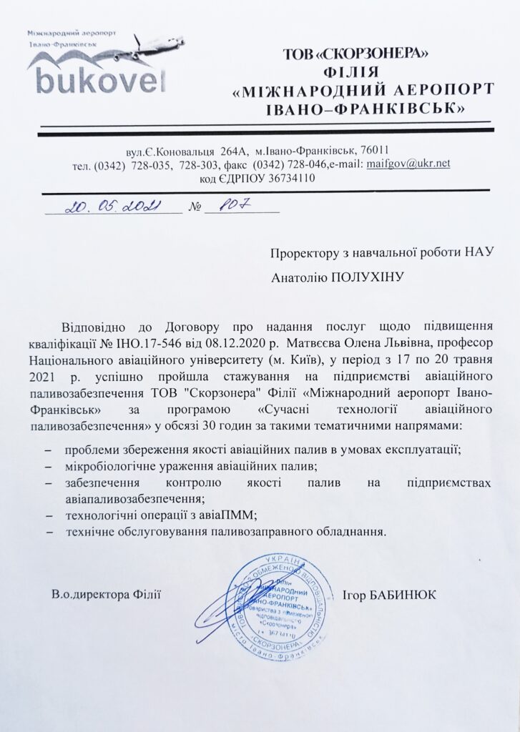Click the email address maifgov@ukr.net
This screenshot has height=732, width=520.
(408, 164)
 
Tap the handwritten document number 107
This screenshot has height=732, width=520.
(232, 207)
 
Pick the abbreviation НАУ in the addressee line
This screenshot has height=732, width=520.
(479, 251)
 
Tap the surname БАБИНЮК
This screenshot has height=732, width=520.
(411, 595)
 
